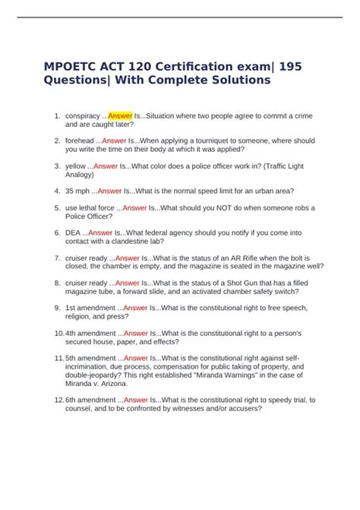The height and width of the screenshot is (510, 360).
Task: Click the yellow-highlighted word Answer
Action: coord(120,116)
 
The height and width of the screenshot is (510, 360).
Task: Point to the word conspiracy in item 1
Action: coord(83,116)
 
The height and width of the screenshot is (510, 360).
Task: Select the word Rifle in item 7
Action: coord(279,258)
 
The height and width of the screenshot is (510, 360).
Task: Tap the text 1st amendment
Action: coord(93,308)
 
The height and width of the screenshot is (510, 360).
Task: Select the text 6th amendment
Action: coord(93,400)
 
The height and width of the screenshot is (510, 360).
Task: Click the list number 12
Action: coord(56,400)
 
